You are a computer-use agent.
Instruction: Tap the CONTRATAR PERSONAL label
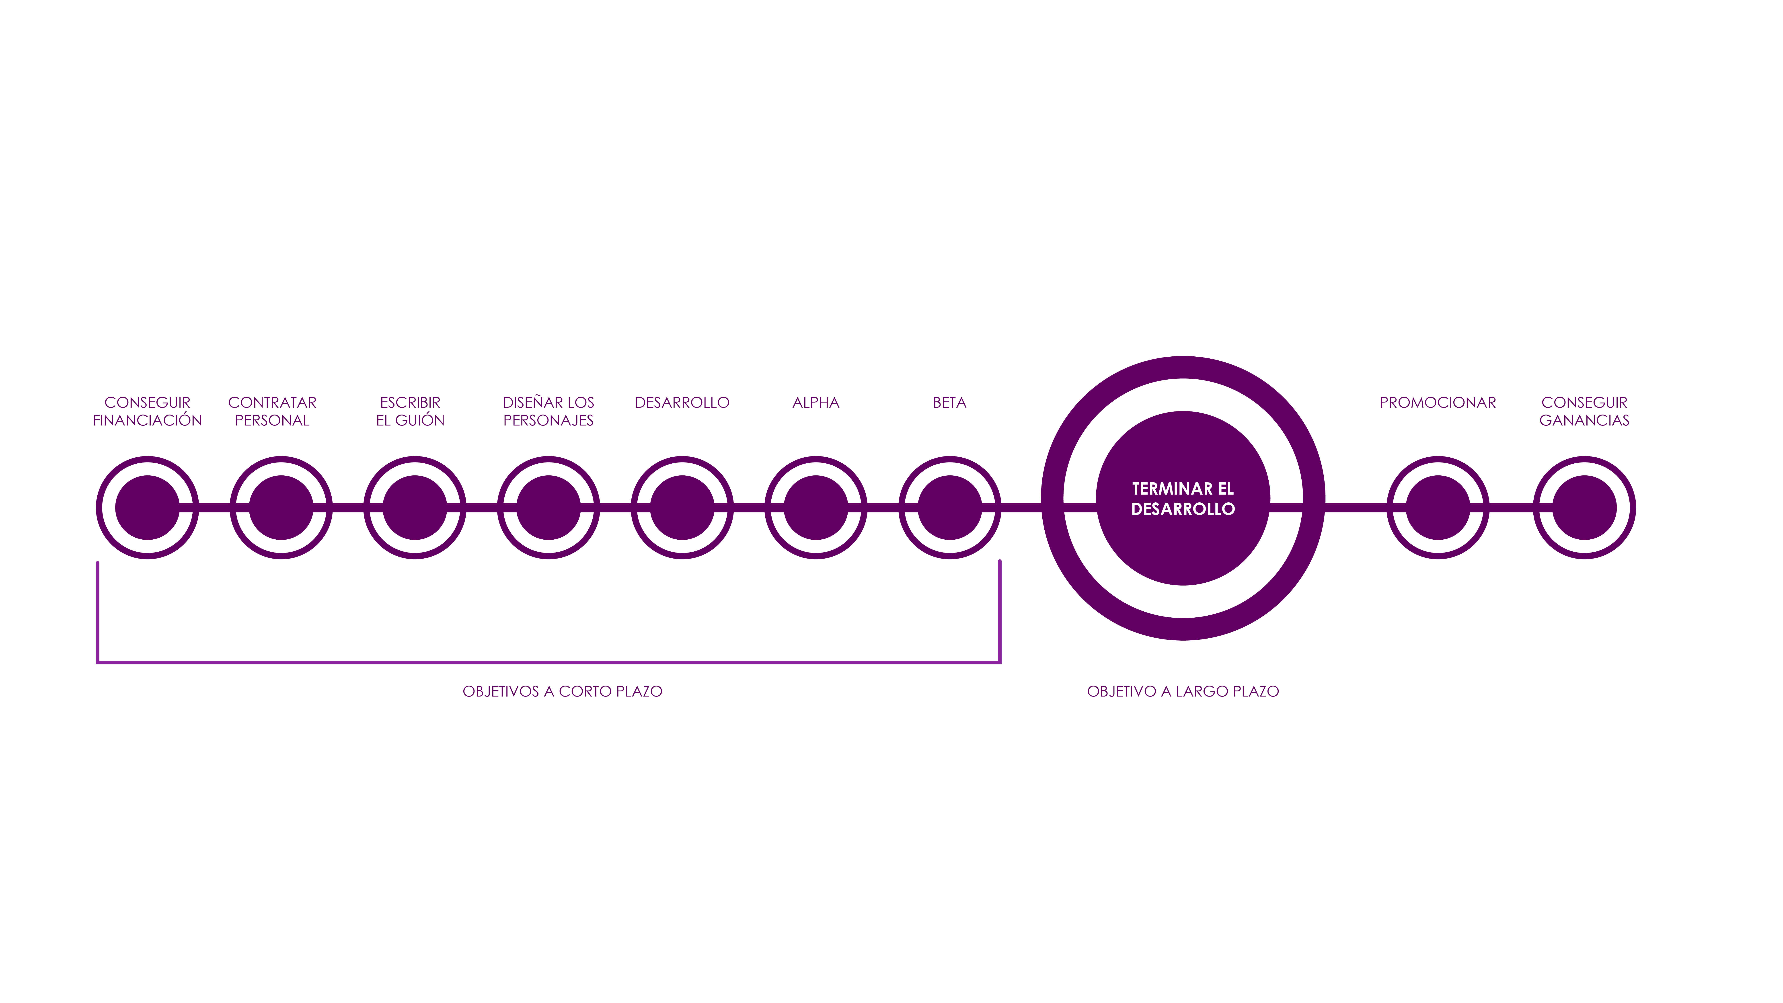(x=272, y=411)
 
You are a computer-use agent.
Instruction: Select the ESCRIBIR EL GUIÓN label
(x=411, y=411)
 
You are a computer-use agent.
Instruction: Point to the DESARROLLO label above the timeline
(x=682, y=402)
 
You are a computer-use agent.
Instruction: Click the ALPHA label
(x=816, y=402)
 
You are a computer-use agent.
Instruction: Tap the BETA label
(x=950, y=402)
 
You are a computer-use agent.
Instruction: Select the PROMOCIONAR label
(x=1438, y=402)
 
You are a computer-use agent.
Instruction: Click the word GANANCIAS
(x=1584, y=420)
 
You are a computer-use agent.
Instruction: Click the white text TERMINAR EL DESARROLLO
(x=1183, y=498)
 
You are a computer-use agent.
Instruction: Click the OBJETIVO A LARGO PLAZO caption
(x=1183, y=691)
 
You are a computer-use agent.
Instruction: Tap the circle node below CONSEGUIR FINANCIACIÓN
(x=147, y=507)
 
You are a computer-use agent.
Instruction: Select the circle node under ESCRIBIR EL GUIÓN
(x=415, y=507)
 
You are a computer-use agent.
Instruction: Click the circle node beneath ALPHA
(x=816, y=507)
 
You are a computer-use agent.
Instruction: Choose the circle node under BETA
(x=950, y=507)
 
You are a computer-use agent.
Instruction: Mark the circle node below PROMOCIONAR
(x=1438, y=507)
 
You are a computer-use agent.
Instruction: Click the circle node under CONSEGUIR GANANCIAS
(x=1584, y=507)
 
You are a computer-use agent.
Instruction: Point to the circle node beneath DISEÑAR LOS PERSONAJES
(x=548, y=507)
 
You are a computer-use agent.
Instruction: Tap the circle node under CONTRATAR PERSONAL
(x=281, y=507)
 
